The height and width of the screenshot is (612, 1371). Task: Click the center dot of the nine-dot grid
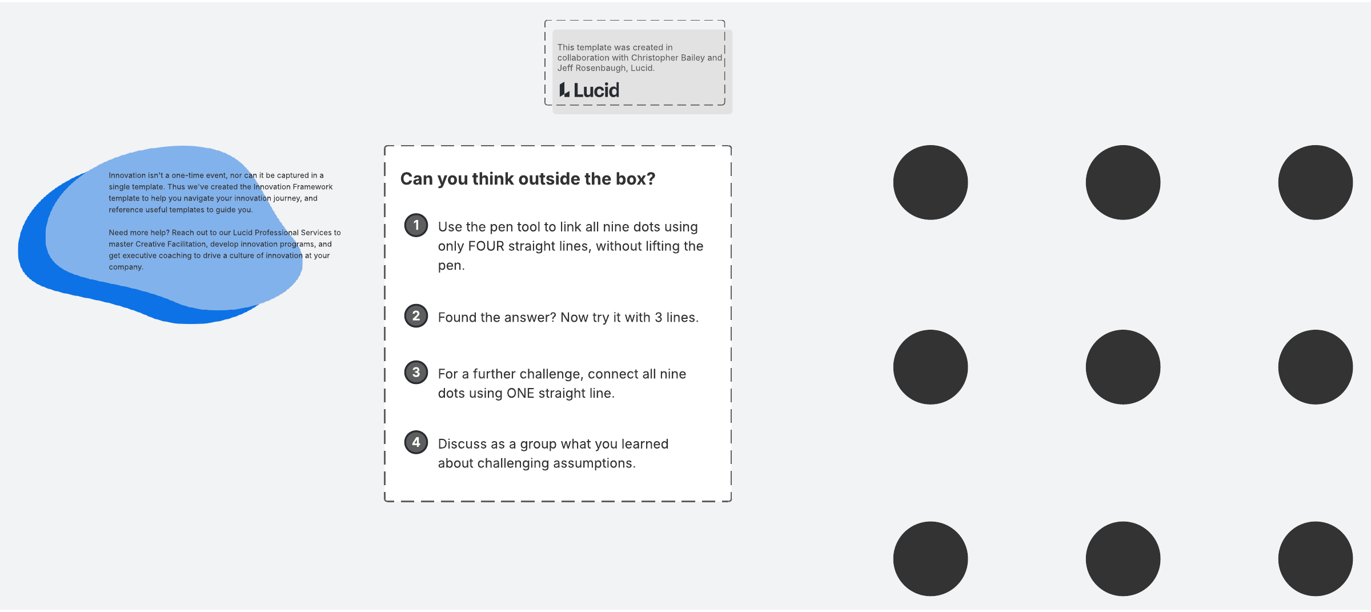1123,367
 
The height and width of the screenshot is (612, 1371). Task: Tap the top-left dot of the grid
931,182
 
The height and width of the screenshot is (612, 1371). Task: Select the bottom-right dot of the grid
1316,559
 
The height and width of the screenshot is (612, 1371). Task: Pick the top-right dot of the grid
1316,182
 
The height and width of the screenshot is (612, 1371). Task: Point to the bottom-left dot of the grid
931,559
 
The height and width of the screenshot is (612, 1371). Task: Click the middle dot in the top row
1123,182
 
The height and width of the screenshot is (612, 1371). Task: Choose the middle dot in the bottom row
1123,559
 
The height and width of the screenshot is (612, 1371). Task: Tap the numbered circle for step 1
416,225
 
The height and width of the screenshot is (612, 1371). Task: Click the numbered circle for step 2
416,316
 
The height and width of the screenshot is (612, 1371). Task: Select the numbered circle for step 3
416,373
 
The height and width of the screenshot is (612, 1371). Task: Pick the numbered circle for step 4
416,442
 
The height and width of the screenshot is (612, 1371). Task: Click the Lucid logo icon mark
564,90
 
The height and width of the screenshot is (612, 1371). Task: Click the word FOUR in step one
486,246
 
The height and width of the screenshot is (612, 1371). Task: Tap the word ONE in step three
520,393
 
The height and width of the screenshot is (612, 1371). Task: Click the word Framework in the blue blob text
312,187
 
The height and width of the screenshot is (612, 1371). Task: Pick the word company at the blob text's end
126,267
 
